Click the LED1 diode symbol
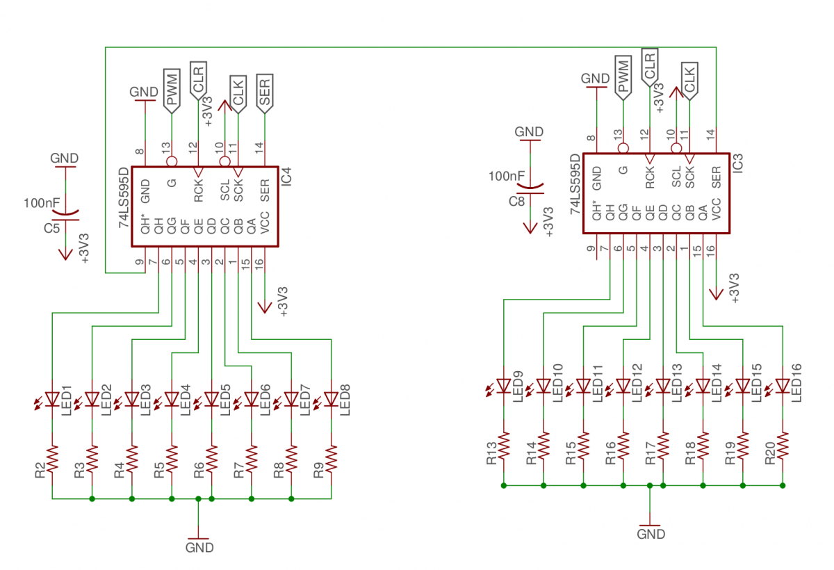point(52,399)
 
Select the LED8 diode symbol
point(332,399)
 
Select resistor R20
point(783,445)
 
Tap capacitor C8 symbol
point(530,189)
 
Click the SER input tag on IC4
point(265,92)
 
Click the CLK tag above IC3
point(689,80)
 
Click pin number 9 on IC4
point(140,262)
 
